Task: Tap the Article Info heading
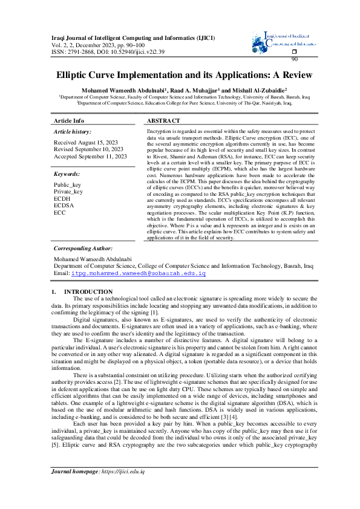point(69,121)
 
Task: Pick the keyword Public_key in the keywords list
point(67,184)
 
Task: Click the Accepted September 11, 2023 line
point(90,156)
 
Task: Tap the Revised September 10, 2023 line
point(88,149)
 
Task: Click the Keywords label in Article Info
point(67,173)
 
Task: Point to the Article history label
point(73,131)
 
